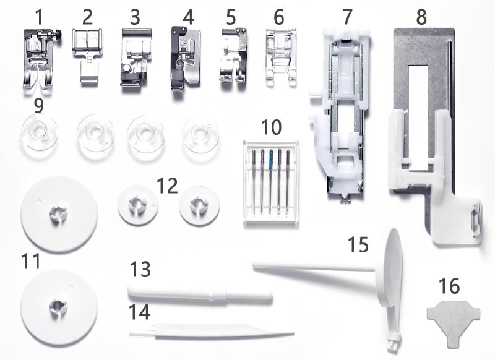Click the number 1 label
click(x=39, y=17)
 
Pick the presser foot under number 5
click(x=233, y=56)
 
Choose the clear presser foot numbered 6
click(x=282, y=57)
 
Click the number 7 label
click(x=347, y=17)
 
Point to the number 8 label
click(x=421, y=17)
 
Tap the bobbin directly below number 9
click(x=40, y=133)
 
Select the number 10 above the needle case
click(x=271, y=127)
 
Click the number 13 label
click(x=140, y=269)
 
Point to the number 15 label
click(x=358, y=244)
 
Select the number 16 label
click(x=449, y=286)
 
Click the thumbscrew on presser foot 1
click(x=58, y=33)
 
